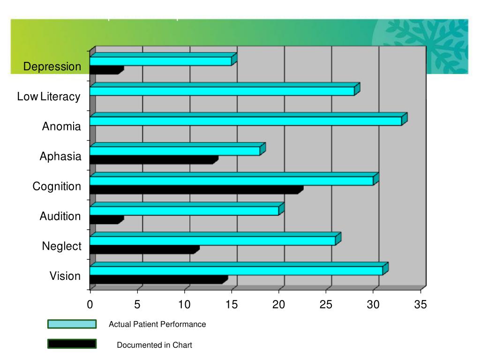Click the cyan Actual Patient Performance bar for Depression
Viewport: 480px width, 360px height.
(x=160, y=61)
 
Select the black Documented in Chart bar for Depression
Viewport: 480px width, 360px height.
(x=105, y=70)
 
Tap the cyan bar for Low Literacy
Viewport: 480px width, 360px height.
(x=222, y=91)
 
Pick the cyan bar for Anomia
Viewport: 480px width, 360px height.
(x=245, y=121)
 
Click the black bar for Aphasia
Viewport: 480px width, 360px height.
(x=153, y=160)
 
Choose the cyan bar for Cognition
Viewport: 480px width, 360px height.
(x=231, y=181)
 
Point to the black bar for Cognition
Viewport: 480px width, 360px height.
(x=195, y=189)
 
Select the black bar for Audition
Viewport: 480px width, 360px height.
(x=105, y=219)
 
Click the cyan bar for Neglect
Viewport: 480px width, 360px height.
(x=212, y=240)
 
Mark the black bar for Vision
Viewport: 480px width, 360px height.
(x=157, y=279)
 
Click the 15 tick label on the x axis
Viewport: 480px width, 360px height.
(x=232, y=305)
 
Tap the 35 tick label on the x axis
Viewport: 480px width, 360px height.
(x=421, y=305)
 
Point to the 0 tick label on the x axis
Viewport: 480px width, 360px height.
(x=90, y=305)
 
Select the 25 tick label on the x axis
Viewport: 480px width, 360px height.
(x=326, y=305)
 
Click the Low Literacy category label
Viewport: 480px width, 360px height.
(x=49, y=97)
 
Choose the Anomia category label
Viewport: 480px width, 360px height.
(x=61, y=127)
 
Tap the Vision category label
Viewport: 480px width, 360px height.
(x=65, y=276)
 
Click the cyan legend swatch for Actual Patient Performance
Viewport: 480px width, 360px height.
(x=72, y=324)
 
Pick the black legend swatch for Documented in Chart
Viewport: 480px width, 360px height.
(x=72, y=345)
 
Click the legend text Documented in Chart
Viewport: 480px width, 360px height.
(x=154, y=345)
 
